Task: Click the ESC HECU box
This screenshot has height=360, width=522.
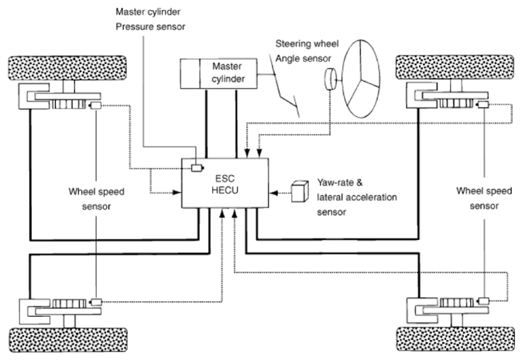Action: [x=225, y=183]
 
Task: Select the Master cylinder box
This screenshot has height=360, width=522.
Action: [x=218, y=74]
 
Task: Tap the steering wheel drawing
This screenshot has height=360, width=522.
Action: [x=361, y=79]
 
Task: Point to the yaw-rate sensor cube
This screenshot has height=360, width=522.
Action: [x=300, y=191]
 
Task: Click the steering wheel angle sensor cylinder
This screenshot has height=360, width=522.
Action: [x=330, y=79]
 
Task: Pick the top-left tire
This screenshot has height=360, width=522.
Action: [x=67, y=68]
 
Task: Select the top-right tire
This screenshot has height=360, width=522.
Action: [x=455, y=67]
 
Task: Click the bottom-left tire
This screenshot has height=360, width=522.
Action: [x=68, y=340]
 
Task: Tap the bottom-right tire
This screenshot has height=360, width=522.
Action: [x=455, y=339]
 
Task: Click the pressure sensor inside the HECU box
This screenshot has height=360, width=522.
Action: [x=197, y=168]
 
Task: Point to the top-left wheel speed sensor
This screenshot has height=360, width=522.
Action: [x=95, y=105]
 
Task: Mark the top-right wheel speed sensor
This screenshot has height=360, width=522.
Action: [x=483, y=105]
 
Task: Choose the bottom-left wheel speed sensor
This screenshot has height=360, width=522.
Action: [x=96, y=302]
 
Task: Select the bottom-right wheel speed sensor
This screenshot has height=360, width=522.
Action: [x=483, y=301]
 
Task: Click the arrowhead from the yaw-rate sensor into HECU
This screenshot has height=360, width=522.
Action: [x=273, y=193]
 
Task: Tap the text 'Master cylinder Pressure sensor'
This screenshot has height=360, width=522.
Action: [x=150, y=19]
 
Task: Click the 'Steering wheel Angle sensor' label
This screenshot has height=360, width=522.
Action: [x=307, y=51]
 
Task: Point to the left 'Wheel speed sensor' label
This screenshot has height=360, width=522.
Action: [x=96, y=199]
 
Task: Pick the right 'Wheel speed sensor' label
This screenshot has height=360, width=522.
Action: [x=484, y=198]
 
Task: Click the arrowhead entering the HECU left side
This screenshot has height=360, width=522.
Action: [x=177, y=192]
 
